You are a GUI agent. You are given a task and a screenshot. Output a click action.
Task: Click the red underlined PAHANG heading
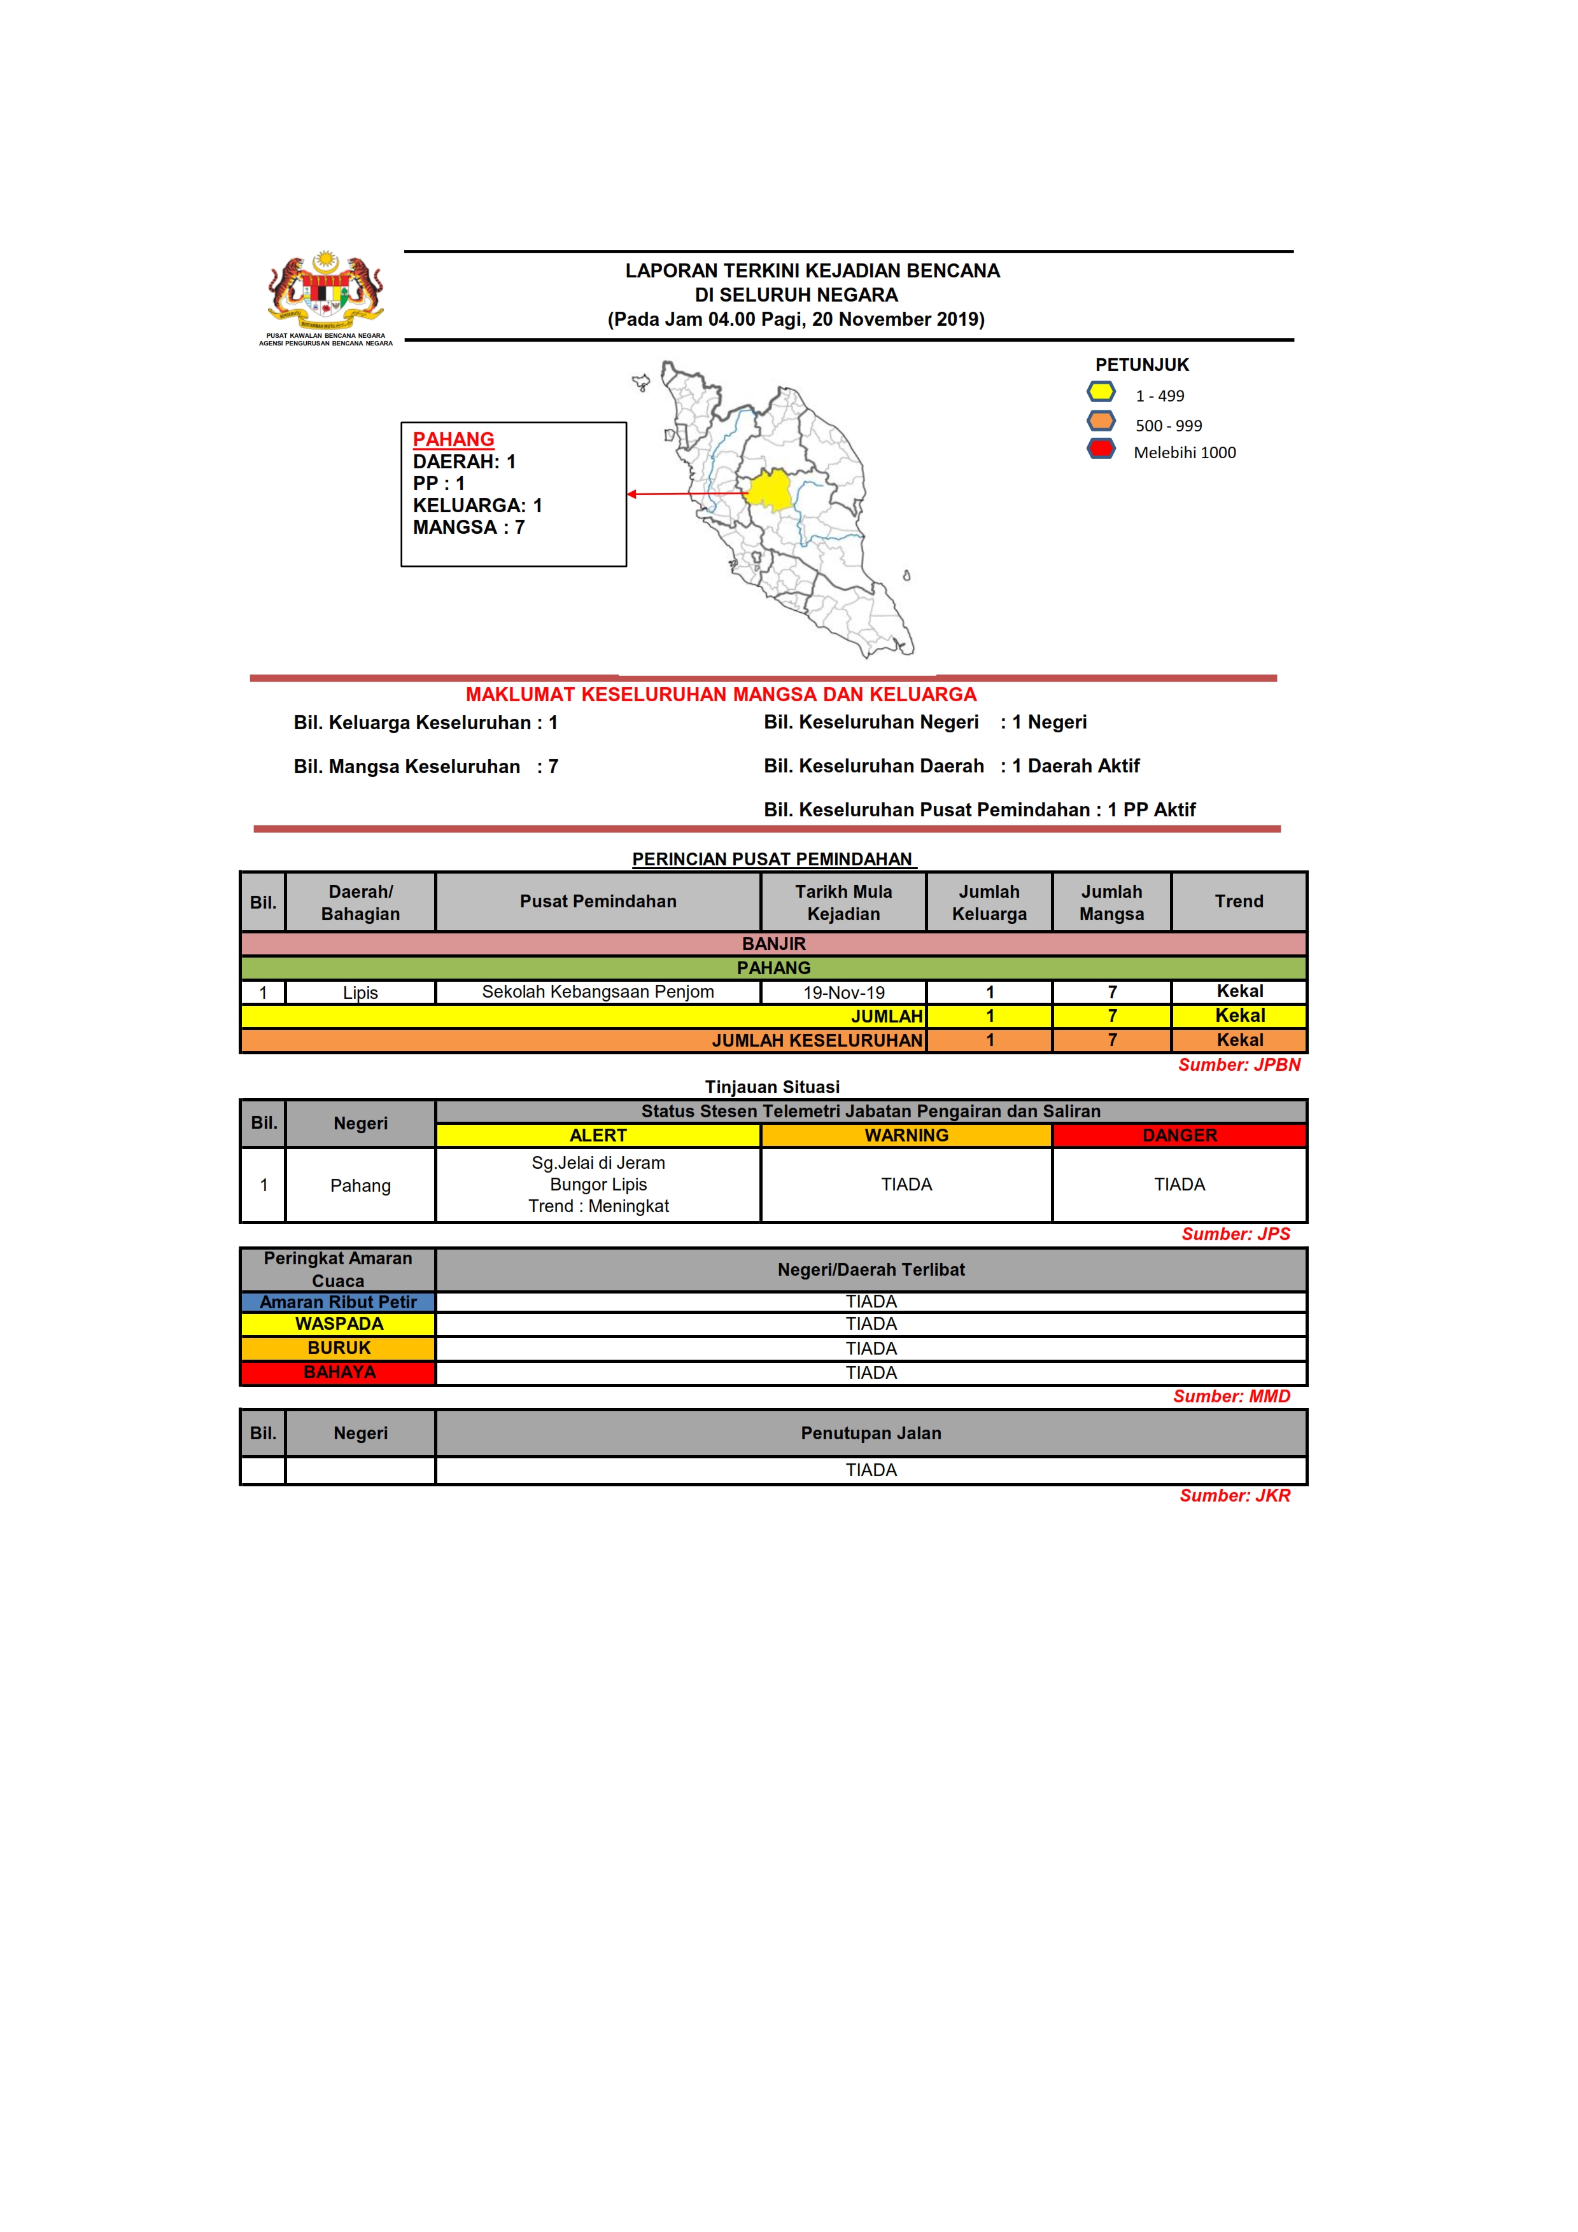pyautogui.click(x=453, y=440)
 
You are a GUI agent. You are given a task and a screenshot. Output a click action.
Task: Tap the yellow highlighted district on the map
pyautogui.click(x=771, y=489)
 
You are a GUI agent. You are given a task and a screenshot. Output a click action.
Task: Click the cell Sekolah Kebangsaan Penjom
pyautogui.click(x=597, y=991)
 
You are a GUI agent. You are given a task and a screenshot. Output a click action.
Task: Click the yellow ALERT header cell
pyautogui.click(x=597, y=1136)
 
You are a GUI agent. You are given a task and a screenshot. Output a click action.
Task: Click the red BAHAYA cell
pyautogui.click(x=339, y=1372)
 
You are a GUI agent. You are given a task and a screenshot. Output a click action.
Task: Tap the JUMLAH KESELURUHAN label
pyautogui.click(x=816, y=1040)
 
